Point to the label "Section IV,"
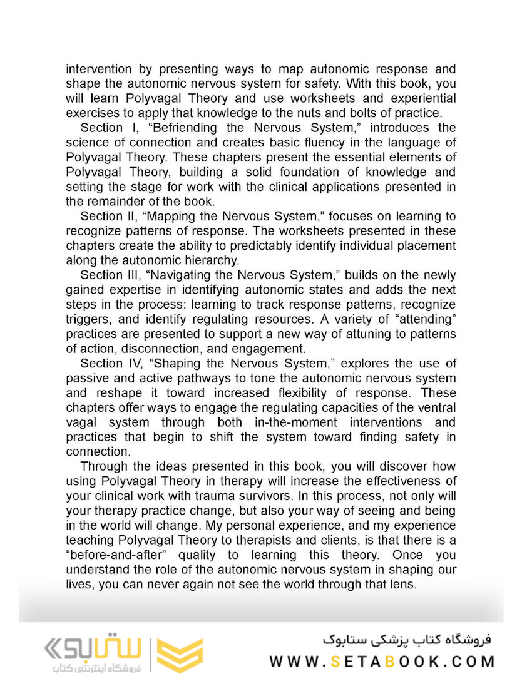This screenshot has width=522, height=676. pyautogui.click(x=111, y=363)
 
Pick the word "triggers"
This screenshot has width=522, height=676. pyautogui.click(x=85, y=319)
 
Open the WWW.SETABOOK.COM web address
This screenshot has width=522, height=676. pyautogui.click(x=382, y=661)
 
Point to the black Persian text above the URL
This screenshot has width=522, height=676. pyautogui.click(x=407, y=639)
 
